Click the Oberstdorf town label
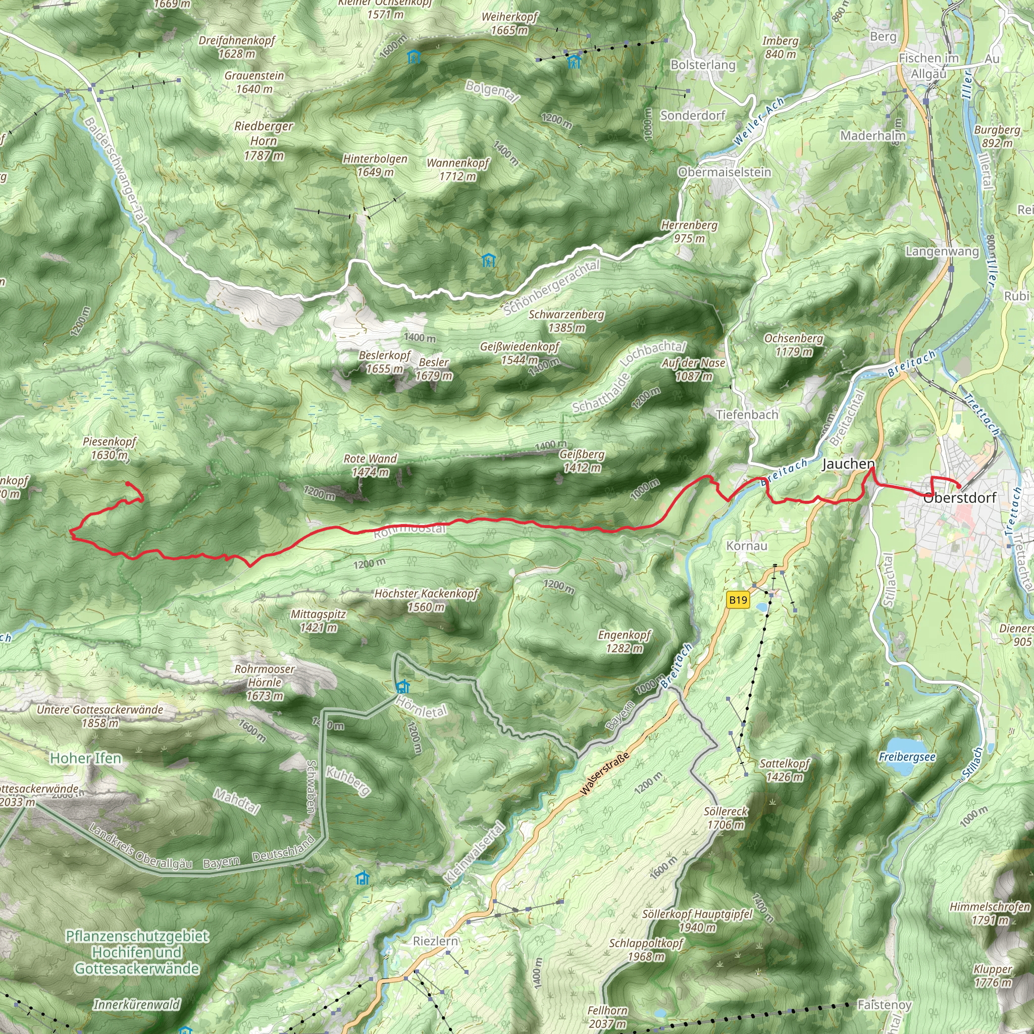click(960, 498)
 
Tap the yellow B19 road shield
click(738, 600)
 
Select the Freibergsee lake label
click(907, 757)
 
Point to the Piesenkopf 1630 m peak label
click(110, 448)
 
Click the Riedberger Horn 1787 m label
click(264, 141)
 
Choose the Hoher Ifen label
click(86, 758)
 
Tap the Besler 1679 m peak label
click(434, 369)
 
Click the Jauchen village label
click(848, 464)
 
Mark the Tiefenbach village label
click(747, 415)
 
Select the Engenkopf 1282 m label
click(624, 642)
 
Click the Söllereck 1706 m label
click(726, 818)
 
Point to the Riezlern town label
click(436, 942)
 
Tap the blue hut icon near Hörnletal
click(402, 687)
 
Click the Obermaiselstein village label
click(725, 172)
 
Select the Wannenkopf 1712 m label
click(457, 169)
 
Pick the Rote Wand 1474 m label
click(371, 465)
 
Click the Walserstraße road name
click(605, 774)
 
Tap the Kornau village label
click(747, 546)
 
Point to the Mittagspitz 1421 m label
click(319, 621)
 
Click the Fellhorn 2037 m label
click(607, 1017)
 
